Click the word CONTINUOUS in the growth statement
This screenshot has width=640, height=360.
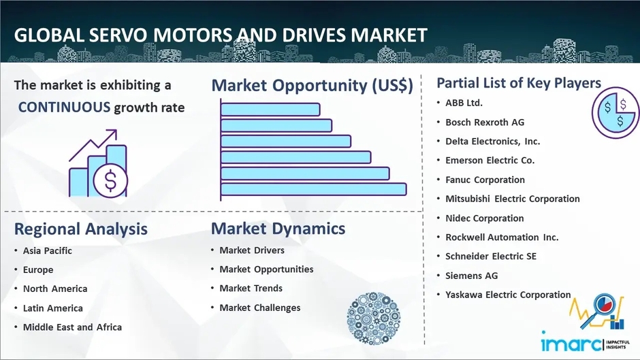pyautogui.click(x=64, y=108)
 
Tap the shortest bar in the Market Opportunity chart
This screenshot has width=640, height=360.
pyautogui.click(x=270, y=110)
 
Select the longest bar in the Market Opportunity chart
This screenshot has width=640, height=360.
pyautogui.click(x=313, y=189)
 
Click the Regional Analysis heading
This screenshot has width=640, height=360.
pyautogui.click(x=81, y=229)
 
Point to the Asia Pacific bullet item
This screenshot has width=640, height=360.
pyautogui.click(x=48, y=250)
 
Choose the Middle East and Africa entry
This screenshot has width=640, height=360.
pyautogui.click(x=72, y=327)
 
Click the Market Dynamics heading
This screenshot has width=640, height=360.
pyautogui.click(x=278, y=229)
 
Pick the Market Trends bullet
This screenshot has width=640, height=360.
pyautogui.click(x=251, y=288)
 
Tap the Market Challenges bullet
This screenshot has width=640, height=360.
pyautogui.click(x=260, y=308)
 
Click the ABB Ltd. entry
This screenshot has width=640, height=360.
pyautogui.click(x=464, y=103)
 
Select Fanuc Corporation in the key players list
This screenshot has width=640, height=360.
pyautogui.click(x=485, y=180)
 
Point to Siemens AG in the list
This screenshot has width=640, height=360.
pyautogui.click(x=471, y=276)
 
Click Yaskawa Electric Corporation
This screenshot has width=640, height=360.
pyautogui.click(x=508, y=295)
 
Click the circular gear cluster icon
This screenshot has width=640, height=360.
pyautogui.click(x=373, y=318)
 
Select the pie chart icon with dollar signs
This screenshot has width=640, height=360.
pyautogui.click(x=615, y=113)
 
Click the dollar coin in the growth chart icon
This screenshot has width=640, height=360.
pyautogui.click(x=110, y=180)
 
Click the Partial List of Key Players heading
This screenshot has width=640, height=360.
pyautogui.click(x=519, y=83)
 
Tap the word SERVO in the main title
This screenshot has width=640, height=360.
pyautogui.click(x=118, y=35)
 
